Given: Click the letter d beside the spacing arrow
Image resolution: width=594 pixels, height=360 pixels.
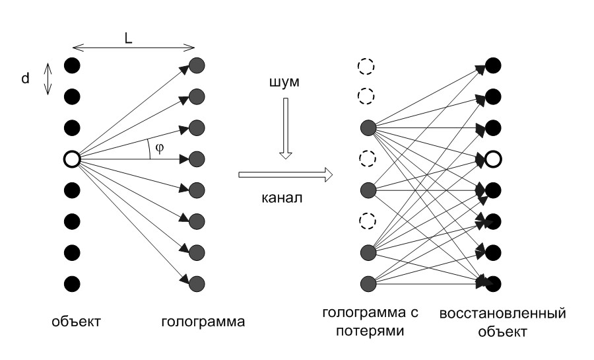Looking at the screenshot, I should coord(25,79).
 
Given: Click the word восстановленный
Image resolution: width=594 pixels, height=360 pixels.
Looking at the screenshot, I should coord(503,312).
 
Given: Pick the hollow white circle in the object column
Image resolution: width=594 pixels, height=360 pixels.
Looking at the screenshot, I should coord(71,159).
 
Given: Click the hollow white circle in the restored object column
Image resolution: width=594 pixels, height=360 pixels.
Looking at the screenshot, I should coord(493,159).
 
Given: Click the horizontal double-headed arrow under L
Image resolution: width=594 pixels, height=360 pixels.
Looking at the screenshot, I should coord(133,46).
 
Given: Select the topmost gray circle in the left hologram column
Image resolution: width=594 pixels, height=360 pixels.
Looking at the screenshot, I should coord(197,65).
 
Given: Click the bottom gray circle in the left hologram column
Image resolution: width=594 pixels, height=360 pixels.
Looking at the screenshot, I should coord(197,284).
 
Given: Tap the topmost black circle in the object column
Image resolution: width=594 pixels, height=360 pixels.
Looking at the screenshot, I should coord(71,65).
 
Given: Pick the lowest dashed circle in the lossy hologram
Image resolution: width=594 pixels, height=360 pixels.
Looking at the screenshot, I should coord(366,221).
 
